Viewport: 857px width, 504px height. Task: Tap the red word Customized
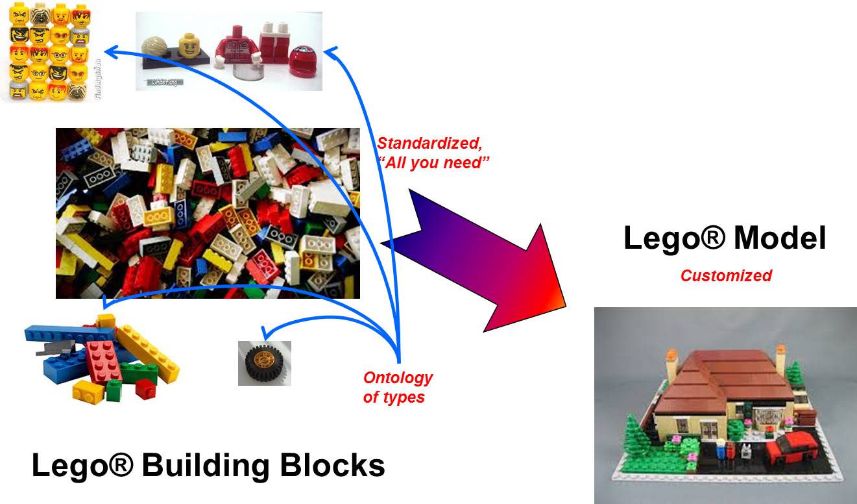[725, 275]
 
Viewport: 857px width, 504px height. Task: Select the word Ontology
[398, 378]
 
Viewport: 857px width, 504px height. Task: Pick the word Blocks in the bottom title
[338, 466]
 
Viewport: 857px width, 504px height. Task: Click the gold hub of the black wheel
[264, 361]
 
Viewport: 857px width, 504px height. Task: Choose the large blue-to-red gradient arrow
[480, 260]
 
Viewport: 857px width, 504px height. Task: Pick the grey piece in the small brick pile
[49, 348]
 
